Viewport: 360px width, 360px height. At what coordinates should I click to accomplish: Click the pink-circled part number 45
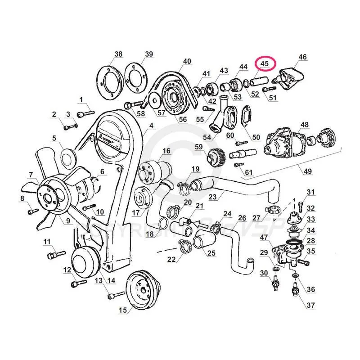pos(265,64)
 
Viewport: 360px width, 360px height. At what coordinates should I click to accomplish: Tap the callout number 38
pos(118,55)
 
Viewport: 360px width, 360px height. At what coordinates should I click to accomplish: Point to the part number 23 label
pos(212,196)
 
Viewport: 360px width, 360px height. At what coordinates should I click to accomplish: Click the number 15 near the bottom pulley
pos(123,310)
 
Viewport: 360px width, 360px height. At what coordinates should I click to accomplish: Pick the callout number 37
pos(311,306)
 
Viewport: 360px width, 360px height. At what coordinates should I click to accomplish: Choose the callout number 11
pos(47,242)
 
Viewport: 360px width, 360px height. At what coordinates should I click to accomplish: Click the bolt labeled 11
pos(53,255)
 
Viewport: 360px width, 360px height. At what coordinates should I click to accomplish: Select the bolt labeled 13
pos(115,296)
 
